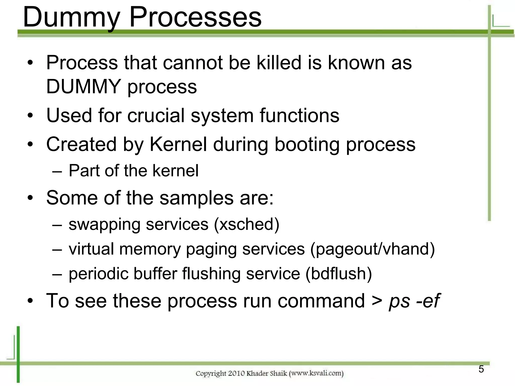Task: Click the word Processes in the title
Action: [195, 17]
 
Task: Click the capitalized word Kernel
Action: [178, 144]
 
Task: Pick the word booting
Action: [307, 145]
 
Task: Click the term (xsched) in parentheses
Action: [247, 224]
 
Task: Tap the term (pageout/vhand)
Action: [372, 249]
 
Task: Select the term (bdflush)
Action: [338, 274]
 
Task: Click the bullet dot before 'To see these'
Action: [30, 301]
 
